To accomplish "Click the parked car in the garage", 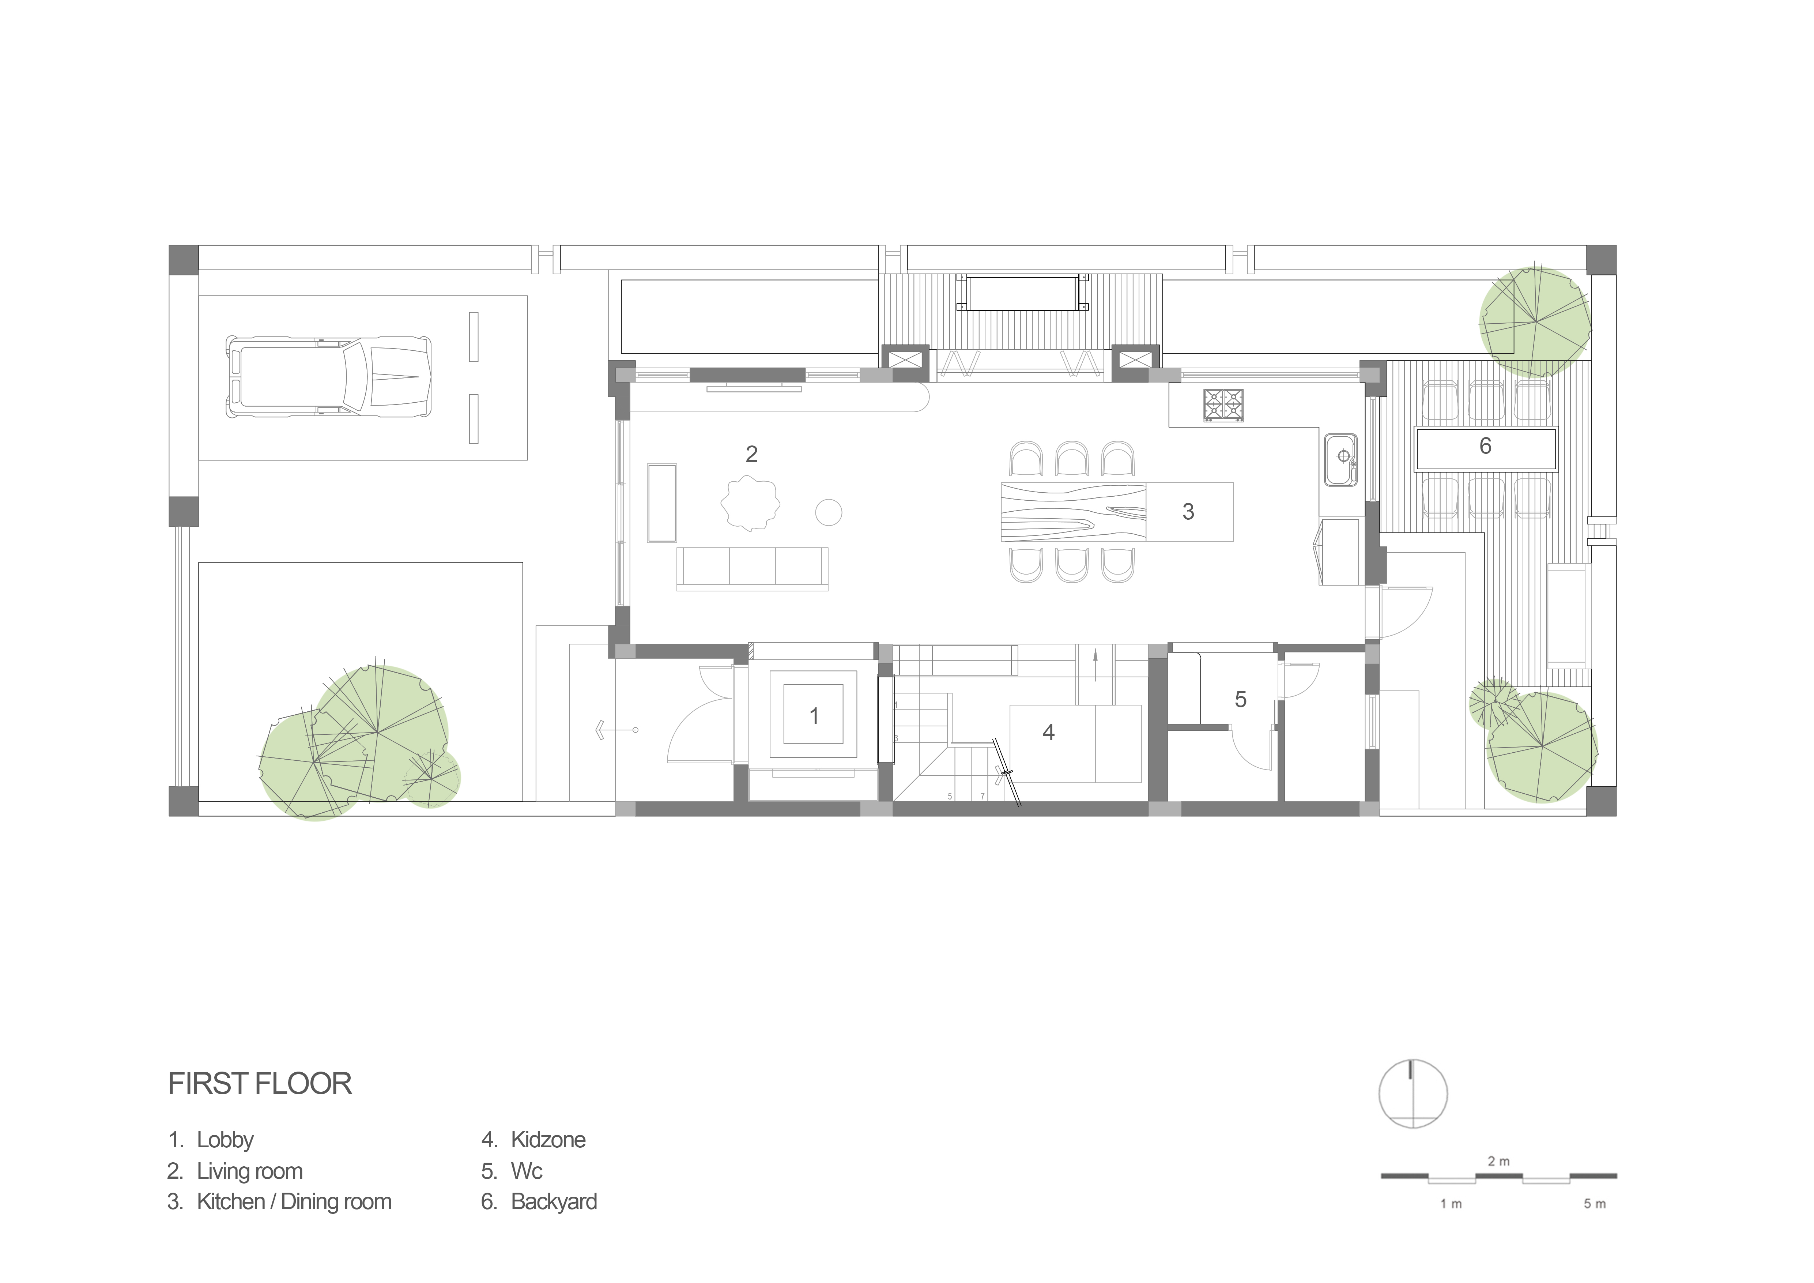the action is coord(329,377).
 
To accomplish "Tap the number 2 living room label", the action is coord(751,454).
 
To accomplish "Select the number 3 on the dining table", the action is coord(1188,511).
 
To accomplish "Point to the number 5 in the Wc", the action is coord(1240,699).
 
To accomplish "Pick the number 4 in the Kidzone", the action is coord(1048,732).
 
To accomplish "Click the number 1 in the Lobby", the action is coord(815,716).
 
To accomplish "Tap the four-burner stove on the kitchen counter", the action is coord(1223,405).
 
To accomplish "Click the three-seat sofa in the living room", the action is coord(752,569).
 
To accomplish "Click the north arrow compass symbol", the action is coord(1414,1094).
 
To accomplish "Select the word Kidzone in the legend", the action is coord(548,1140).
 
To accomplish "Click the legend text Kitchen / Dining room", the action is coord(294,1202).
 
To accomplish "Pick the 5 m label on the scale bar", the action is coord(1594,1204).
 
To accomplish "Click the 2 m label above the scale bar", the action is coord(1499,1161).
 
